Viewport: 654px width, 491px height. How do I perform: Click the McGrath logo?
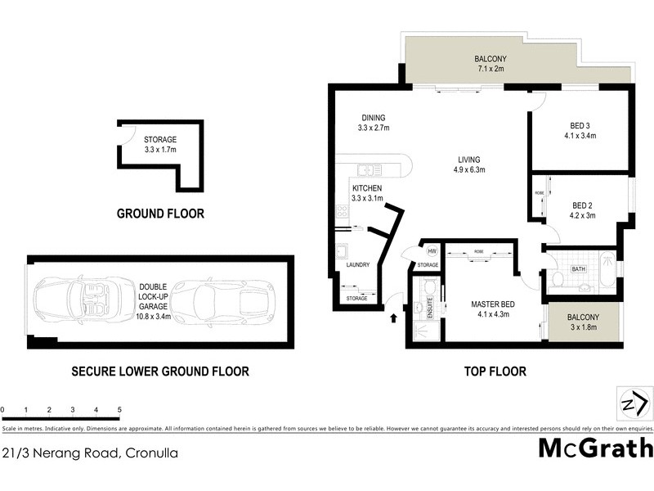(595, 448)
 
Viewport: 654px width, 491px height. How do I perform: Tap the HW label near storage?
(431, 251)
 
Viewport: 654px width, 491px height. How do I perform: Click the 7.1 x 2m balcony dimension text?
(491, 70)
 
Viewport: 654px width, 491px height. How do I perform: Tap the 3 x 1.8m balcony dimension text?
(585, 328)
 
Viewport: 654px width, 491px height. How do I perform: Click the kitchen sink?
(369, 170)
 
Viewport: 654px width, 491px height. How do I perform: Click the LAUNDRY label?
(357, 264)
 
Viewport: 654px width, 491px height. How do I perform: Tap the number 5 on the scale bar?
(119, 409)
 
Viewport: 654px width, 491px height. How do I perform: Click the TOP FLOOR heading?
(495, 371)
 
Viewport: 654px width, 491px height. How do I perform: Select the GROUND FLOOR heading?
(160, 214)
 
